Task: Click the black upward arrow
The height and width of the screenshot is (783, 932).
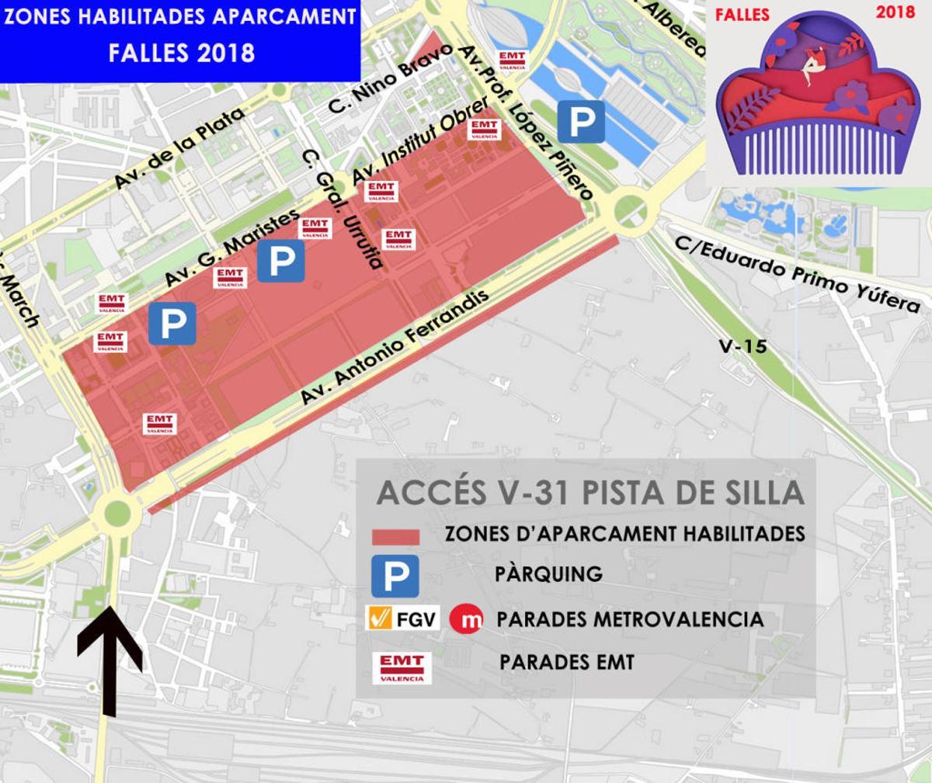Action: [110, 660]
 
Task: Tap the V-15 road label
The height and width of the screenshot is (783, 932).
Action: [742, 346]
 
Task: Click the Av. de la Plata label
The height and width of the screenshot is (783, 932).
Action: [179, 148]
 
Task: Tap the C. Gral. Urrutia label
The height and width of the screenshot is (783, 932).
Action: [343, 209]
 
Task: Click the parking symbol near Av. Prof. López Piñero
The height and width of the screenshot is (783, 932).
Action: [582, 121]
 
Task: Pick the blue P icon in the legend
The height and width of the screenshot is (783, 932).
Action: [395, 575]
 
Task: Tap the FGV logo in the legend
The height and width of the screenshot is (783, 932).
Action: [403, 619]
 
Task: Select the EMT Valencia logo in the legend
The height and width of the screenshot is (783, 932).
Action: [402, 667]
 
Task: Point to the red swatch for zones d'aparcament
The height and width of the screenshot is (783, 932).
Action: [396, 537]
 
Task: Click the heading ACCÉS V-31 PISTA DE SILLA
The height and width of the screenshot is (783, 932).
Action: [589, 494]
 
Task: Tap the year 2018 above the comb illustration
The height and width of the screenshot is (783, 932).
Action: [895, 12]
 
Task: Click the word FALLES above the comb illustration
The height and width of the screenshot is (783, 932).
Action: [742, 15]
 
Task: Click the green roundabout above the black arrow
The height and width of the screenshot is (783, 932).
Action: [116, 511]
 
